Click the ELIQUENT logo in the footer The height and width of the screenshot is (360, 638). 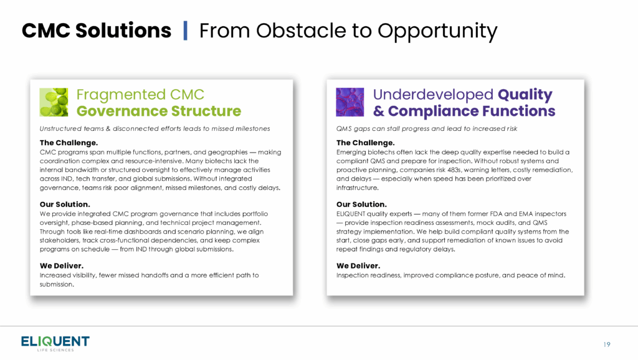[x=55, y=343]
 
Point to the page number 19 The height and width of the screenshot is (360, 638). [x=607, y=344]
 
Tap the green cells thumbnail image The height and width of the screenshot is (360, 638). [x=54, y=102]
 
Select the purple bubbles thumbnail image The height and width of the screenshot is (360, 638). [x=350, y=102]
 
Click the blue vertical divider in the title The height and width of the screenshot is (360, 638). [x=186, y=31]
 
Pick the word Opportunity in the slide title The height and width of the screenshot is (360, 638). [x=437, y=32]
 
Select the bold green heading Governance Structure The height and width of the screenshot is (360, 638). [x=159, y=111]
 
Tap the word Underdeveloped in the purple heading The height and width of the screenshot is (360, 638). [x=433, y=95]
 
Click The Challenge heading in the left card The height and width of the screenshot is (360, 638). [x=69, y=143]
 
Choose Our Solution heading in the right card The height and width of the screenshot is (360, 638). [x=361, y=204]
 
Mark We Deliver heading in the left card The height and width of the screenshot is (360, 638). [x=62, y=265]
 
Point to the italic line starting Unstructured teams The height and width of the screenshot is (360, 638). [x=155, y=128]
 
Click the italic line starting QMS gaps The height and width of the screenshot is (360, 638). [x=426, y=128]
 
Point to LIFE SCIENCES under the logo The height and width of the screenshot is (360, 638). [x=55, y=350]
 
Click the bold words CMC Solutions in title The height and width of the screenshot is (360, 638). [x=97, y=31]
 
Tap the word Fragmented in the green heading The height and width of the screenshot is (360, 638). [x=121, y=95]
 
